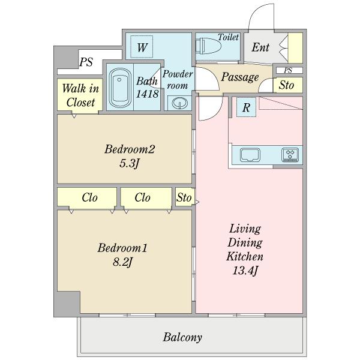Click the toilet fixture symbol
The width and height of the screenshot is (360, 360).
pyautogui.click(x=208, y=46)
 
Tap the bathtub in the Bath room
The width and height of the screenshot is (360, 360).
pyautogui.click(x=120, y=88)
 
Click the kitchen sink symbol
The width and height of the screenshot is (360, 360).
pyautogui.click(x=250, y=155)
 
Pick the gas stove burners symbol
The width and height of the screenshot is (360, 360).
pyautogui.click(x=290, y=155)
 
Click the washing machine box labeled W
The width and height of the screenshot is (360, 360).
pyautogui.click(x=142, y=47)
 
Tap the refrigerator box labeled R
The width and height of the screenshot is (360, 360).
pyautogui.click(x=246, y=107)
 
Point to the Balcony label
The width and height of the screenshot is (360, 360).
pyautogui.click(x=182, y=337)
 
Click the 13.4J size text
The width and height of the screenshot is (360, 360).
pyautogui.click(x=245, y=271)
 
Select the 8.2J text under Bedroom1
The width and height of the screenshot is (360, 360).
pyautogui.click(x=122, y=262)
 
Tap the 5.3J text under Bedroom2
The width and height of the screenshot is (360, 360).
pyautogui.click(x=129, y=163)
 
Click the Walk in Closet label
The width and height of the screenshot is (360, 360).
pyautogui.click(x=80, y=95)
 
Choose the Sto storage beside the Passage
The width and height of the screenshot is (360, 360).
pyautogui.click(x=288, y=85)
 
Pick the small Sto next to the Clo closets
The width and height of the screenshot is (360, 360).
pyautogui.click(x=184, y=197)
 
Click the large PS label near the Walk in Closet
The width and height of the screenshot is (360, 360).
pyautogui.click(x=86, y=62)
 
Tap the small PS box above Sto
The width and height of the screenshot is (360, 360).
pyautogui.click(x=289, y=70)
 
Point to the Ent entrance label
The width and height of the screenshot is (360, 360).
pyautogui.click(x=260, y=47)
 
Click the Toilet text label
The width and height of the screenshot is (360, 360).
pyautogui.click(x=228, y=37)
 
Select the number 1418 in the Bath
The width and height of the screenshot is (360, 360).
pyautogui.click(x=147, y=94)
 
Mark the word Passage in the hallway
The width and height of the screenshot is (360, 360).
pyautogui.click(x=240, y=77)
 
